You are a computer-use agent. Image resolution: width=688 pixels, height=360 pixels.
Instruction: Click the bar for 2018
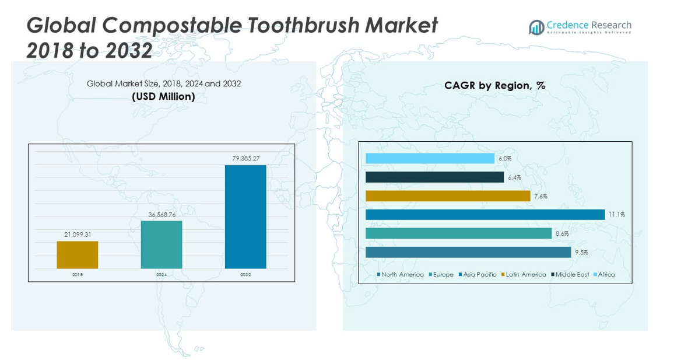tap(78, 254)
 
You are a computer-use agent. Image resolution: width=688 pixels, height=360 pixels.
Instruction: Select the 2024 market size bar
tap(162, 244)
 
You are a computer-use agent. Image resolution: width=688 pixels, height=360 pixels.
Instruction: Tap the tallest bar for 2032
tap(245, 216)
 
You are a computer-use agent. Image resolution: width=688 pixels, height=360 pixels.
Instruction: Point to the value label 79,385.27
tap(245, 158)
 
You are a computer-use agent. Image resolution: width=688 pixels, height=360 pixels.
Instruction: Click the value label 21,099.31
tap(78, 235)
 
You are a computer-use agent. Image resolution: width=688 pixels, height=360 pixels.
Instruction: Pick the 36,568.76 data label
tap(162, 214)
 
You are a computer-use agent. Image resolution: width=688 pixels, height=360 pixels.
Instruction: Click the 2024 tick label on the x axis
tap(162, 274)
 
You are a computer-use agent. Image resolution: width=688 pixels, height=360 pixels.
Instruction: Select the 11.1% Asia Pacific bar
tap(485, 215)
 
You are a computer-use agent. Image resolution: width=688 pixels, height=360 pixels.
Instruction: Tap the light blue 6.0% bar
tap(430, 159)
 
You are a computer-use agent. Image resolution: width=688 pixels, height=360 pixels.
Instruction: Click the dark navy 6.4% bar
tap(434, 177)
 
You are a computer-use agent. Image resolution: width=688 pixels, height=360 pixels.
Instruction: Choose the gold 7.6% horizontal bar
tap(448, 196)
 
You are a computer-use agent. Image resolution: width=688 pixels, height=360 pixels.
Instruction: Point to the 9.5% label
tap(581, 253)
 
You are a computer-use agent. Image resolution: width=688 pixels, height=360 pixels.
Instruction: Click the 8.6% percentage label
tap(562, 233)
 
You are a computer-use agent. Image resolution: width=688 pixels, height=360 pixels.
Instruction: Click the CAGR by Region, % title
tap(494, 86)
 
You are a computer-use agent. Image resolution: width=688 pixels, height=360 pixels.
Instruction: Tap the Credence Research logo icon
tap(536, 27)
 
